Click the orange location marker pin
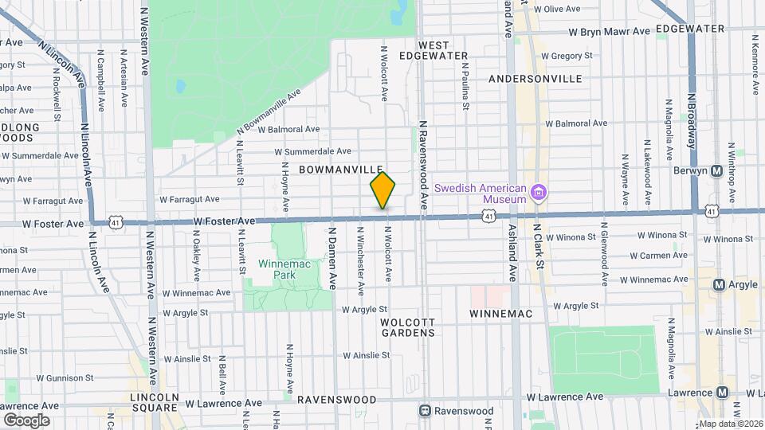(383, 190)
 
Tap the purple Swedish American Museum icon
(539, 192)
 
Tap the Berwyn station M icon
(716, 170)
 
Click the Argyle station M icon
(719, 284)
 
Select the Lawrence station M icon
(723, 392)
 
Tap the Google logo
(26, 420)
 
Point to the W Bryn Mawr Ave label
(610, 33)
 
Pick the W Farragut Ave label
(189, 200)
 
